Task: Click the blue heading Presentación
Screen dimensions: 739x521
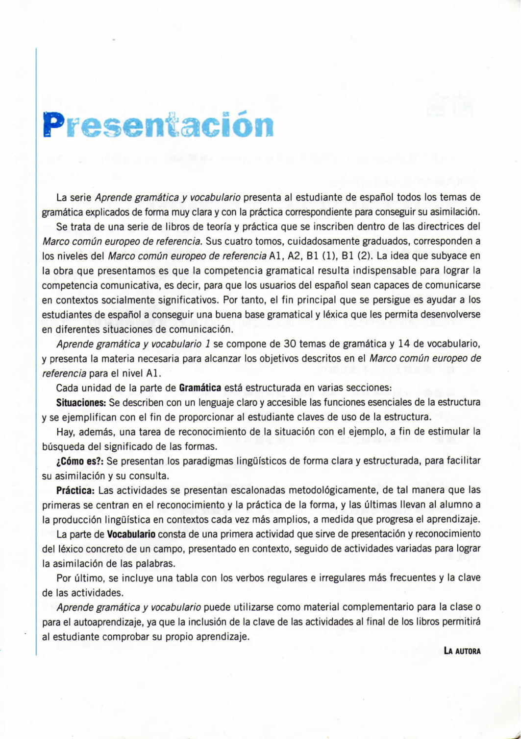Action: pyautogui.click(x=158, y=125)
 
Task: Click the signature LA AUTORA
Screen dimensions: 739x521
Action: pyautogui.click(x=462, y=651)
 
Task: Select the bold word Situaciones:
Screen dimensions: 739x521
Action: pyautogui.click(x=81, y=402)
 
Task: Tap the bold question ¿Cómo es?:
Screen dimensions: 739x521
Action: pyautogui.click(x=80, y=461)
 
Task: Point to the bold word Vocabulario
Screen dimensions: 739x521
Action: pyautogui.click(x=131, y=534)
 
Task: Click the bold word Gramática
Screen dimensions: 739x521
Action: pyautogui.click(x=200, y=388)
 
